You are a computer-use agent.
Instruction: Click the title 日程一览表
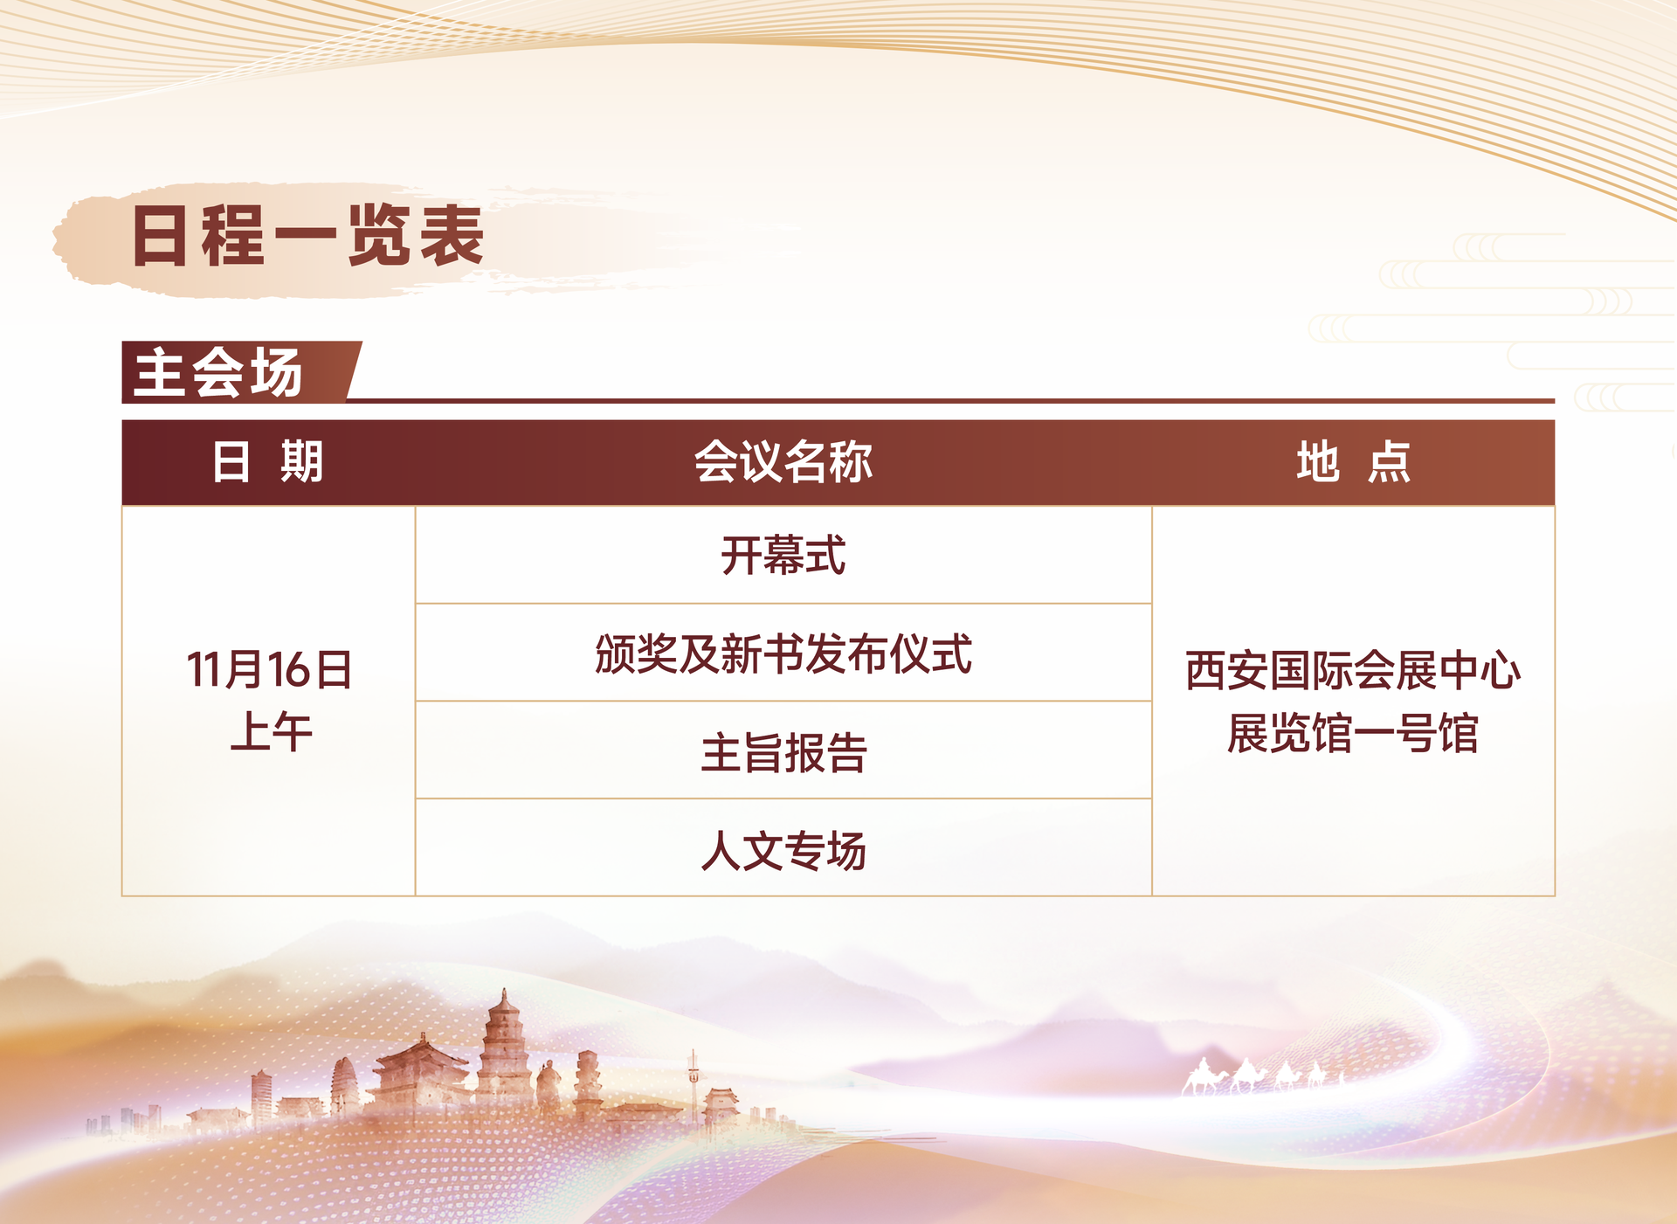pyautogui.click(x=307, y=236)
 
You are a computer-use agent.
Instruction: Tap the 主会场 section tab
pyautogui.click(x=218, y=372)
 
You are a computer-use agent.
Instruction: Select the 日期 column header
pyautogui.click(x=267, y=461)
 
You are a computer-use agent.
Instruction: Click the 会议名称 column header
pyautogui.click(x=783, y=461)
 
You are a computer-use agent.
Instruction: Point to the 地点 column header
pyautogui.click(x=1353, y=461)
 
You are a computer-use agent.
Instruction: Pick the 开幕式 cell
pyautogui.click(x=783, y=556)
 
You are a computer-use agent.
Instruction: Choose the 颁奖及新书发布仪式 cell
pyautogui.click(x=783, y=653)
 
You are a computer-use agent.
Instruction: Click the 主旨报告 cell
pyautogui.click(x=783, y=752)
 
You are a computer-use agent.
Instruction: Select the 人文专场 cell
pyautogui.click(x=783, y=850)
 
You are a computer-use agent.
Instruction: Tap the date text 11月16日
pyautogui.click(x=269, y=670)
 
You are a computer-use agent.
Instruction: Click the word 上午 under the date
pyautogui.click(x=271, y=731)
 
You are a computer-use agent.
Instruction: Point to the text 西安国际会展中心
pyautogui.click(x=1353, y=670)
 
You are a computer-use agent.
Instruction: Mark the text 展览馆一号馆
pyautogui.click(x=1353, y=732)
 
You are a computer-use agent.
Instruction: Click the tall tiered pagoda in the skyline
pyautogui.click(x=504, y=1048)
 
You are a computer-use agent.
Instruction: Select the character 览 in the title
pyautogui.click(x=379, y=236)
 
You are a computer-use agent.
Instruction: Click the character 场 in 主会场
pyautogui.click(x=276, y=372)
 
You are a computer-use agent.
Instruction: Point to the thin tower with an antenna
pyautogui.click(x=693, y=1083)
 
